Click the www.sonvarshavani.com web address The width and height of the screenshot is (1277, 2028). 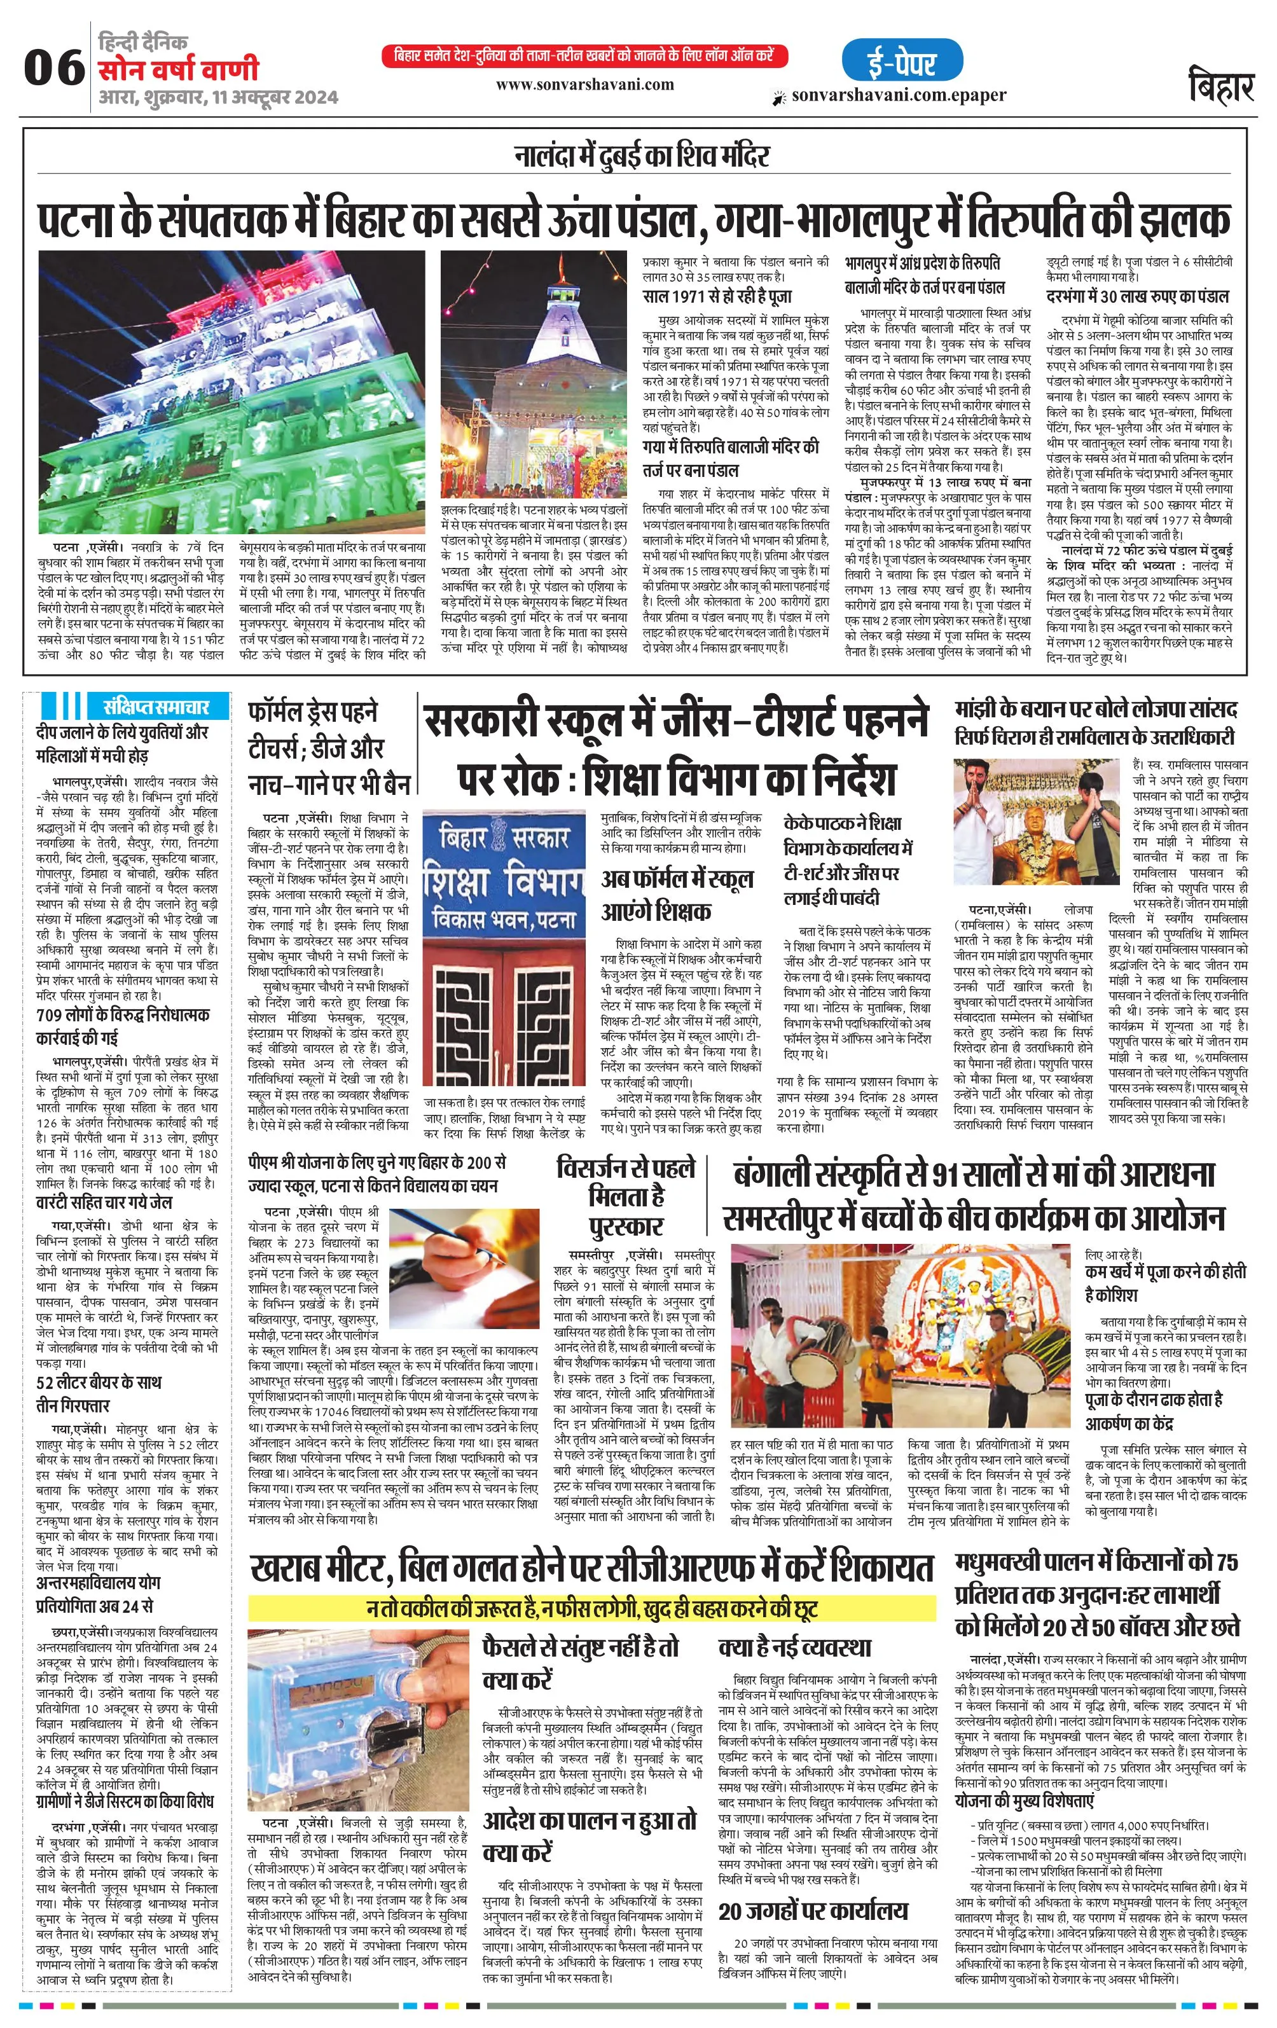pyautogui.click(x=584, y=84)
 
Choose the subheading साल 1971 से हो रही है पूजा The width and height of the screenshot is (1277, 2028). pyautogui.click(x=717, y=297)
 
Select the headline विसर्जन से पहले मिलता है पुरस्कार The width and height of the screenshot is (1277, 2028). pyautogui.click(x=626, y=1196)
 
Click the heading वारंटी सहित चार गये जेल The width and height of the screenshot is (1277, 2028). pyautogui.click(x=104, y=1202)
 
